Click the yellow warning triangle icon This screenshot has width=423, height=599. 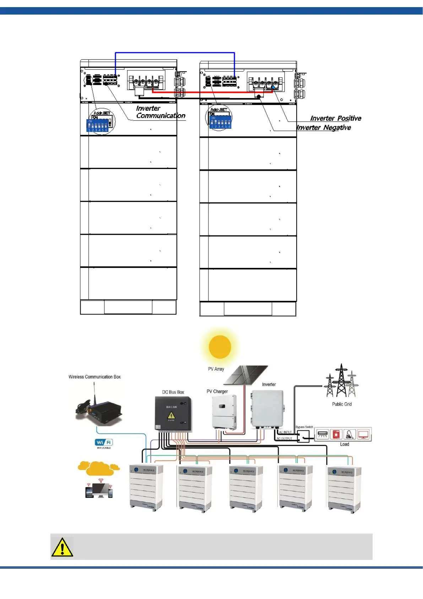[x=62, y=547]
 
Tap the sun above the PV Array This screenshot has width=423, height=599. [x=220, y=347]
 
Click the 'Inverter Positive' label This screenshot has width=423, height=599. [x=336, y=118]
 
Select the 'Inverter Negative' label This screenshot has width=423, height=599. [x=324, y=128]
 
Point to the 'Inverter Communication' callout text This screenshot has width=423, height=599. [x=160, y=112]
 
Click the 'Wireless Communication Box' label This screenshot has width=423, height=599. [x=94, y=377]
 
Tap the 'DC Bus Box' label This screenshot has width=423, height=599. [x=173, y=392]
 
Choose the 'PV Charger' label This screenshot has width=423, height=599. [x=217, y=391]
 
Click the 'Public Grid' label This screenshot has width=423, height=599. [x=342, y=404]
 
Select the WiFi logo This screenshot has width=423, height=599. [x=104, y=442]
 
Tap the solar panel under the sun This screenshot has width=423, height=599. [x=246, y=375]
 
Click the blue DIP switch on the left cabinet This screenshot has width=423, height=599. [x=98, y=126]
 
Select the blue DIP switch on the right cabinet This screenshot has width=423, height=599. [x=221, y=122]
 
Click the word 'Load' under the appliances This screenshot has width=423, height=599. [x=345, y=444]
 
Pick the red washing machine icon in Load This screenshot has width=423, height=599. [x=336, y=434]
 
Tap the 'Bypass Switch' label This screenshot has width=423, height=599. [x=304, y=427]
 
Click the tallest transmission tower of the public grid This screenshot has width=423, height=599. [x=341, y=381]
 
